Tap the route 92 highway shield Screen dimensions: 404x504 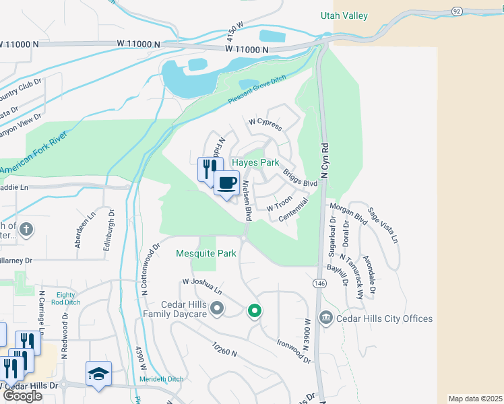click(x=457, y=11)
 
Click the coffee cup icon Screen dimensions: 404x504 click(x=227, y=182)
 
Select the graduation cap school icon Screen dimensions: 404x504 click(x=98, y=374)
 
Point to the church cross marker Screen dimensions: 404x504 click(x=26, y=229)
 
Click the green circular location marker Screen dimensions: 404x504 click(x=254, y=310)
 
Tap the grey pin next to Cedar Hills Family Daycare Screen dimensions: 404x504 click(x=217, y=309)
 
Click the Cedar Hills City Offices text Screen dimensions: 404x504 click(x=384, y=318)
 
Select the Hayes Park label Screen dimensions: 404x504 click(x=255, y=163)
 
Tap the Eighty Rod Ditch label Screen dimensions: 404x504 click(x=65, y=298)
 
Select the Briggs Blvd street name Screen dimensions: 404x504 click(x=299, y=178)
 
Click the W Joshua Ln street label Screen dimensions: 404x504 click(x=201, y=286)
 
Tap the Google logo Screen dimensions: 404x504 click(x=22, y=395)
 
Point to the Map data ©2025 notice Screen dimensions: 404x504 click(x=475, y=399)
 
